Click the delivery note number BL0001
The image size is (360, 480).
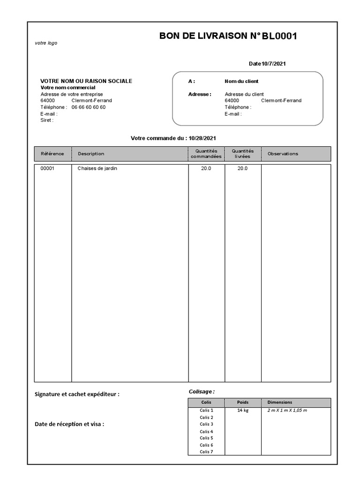(279, 36)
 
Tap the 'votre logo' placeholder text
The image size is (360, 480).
(46, 43)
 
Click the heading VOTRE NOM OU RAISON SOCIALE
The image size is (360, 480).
(86, 81)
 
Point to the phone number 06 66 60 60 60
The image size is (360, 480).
(89, 107)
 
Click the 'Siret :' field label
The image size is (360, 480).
(47, 120)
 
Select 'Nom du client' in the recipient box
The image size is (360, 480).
(241, 81)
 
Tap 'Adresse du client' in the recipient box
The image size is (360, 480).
(244, 94)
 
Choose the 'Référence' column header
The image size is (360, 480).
(52, 154)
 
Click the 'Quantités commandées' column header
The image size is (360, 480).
(206, 154)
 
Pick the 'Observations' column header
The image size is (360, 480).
(283, 154)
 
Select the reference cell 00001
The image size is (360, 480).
(47, 168)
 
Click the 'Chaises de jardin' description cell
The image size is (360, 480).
(97, 168)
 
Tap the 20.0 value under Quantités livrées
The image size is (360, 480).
(242, 168)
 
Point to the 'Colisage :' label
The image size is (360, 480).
(202, 391)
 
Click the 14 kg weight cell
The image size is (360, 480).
(242, 410)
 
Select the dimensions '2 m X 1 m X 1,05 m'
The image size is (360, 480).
(287, 410)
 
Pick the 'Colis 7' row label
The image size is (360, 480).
(206, 452)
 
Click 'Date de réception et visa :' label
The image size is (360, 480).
(69, 424)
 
